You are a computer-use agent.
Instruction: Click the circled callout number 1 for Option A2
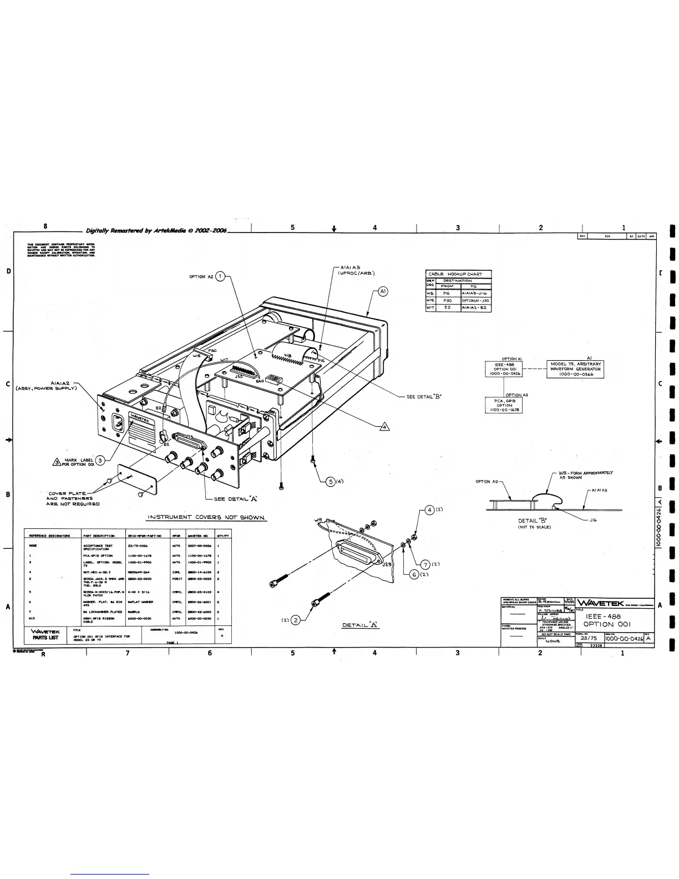click(220, 276)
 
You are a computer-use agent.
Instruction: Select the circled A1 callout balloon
click(383, 290)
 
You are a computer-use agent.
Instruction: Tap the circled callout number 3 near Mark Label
click(99, 460)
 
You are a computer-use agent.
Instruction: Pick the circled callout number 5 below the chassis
click(330, 481)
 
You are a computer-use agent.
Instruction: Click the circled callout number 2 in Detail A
click(296, 620)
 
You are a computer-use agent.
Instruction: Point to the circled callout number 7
click(425, 565)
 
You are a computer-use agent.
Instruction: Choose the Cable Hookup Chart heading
click(458, 274)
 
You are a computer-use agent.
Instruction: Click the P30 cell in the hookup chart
click(448, 300)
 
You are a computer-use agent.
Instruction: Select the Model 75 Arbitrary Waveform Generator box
click(575, 369)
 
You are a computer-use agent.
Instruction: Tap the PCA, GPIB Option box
click(504, 405)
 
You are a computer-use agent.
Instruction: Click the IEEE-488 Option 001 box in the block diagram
click(504, 369)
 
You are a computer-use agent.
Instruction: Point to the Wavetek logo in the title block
click(601, 604)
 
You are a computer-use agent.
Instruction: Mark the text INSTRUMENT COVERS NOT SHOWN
click(206, 518)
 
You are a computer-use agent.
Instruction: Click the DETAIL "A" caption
click(360, 625)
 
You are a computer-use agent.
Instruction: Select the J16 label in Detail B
click(593, 521)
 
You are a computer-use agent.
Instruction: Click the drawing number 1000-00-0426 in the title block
click(624, 639)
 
